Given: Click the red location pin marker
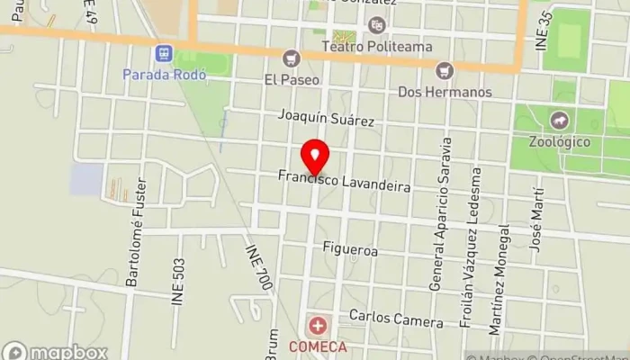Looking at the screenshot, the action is pos(314,157).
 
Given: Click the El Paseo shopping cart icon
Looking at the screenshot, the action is pos(290,59).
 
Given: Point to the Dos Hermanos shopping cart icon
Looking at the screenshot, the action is pos(444,69).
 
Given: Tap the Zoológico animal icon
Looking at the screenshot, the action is pos(560,120).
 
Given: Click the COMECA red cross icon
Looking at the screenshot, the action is pos(318,326).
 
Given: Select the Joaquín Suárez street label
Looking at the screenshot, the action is pos(325,119).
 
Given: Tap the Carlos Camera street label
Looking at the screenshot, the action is pos(396,319).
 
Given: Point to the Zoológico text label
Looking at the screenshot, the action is pos(559,141).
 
